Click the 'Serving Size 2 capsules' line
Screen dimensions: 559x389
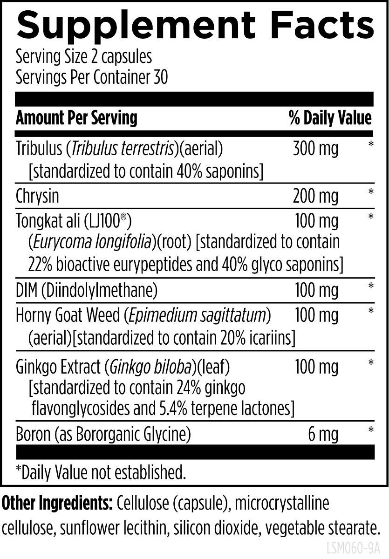pyautogui.click(x=84, y=57)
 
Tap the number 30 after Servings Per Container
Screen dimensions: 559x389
pyautogui.click(x=160, y=77)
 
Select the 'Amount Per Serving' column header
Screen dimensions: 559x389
pyautogui.click(x=76, y=118)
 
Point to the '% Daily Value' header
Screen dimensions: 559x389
pyautogui.click(x=330, y=118)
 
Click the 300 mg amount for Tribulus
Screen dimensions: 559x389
pyautogui.click(x=316, y=149)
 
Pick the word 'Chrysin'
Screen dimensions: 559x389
pyautogui.click(x=37, y=196)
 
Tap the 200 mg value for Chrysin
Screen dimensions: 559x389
pyautogui.click(x=316, y=196)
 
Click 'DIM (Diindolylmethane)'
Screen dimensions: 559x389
pyautogui.click(x=86, y=290)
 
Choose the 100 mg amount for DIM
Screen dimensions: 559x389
pyautogui.click(x=317, y=290)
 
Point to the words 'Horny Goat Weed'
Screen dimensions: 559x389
pyautogui.click(x=68, y=315)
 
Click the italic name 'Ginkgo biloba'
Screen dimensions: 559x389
pyautogui.click(x=151, y=367)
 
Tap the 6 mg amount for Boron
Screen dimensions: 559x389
pyautogui.click(x=323, y=435)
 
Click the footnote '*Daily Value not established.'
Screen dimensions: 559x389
pyautogui.click(x=101, y=472)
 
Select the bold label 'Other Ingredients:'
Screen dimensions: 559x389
pyautogui.click(x=57, y=504)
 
